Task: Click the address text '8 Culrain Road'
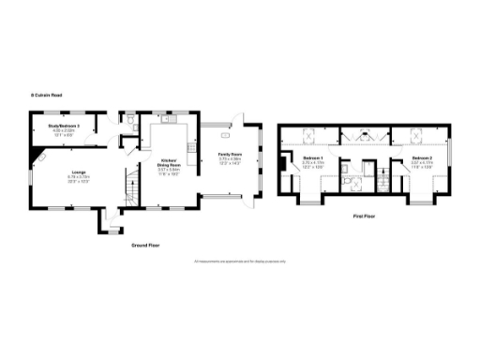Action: pyautogui.click(x=44, y=95)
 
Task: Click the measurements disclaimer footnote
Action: pyautogui.click(x=238, y=261)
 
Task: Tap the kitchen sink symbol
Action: pyautogui.click(x=170, y=119)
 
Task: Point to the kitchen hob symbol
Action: pyautogui.click(x=192, y=147)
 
